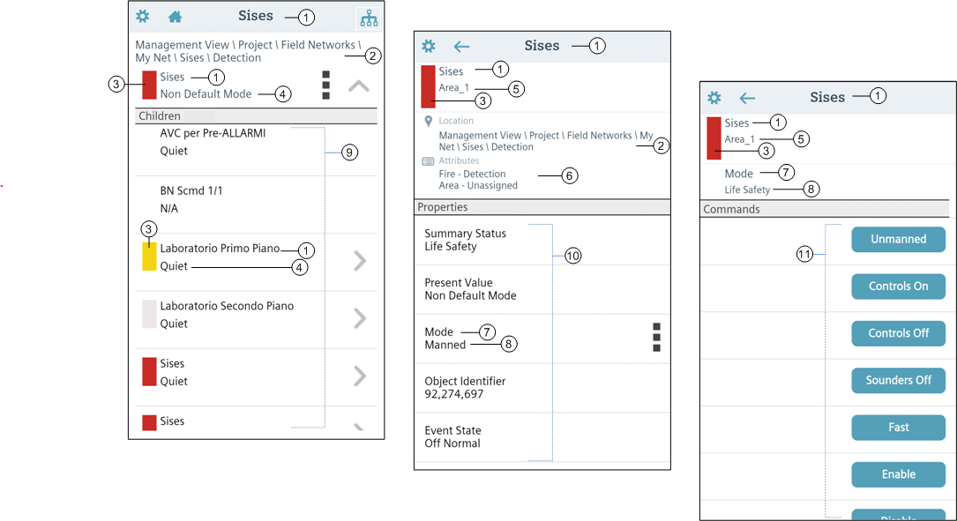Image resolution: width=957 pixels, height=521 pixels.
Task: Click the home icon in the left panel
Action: pos(175,17)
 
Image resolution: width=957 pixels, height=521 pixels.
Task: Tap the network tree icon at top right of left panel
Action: pos(369,18)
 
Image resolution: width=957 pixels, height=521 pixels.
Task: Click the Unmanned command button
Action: pos(898,239)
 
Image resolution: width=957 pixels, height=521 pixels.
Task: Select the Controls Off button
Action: pos(898,333)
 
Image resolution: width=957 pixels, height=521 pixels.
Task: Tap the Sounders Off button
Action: pos(898,380)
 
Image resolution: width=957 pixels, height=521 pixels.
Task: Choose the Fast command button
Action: pos(898,428)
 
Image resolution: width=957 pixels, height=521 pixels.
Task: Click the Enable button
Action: pos(898,474)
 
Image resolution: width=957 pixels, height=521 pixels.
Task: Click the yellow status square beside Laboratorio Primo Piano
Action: pos(149,257)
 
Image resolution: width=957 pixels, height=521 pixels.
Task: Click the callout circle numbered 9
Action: pos(349,153)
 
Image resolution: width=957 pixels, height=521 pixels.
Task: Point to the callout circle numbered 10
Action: pos(573,256)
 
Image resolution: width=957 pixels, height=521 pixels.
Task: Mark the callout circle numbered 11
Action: pos(804,254)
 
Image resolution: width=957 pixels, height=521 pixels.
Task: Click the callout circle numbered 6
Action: pos(570,175)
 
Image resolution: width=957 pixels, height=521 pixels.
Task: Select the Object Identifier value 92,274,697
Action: pos(454,394)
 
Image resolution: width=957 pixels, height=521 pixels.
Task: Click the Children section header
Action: pos(160,115)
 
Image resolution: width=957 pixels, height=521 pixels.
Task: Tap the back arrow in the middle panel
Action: pos(461,47)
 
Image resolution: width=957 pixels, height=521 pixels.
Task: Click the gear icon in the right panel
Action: pos(714,98)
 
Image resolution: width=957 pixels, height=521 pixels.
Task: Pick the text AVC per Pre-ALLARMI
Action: pos(213,133)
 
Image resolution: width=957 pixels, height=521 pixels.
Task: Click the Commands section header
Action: pos(731,209)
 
